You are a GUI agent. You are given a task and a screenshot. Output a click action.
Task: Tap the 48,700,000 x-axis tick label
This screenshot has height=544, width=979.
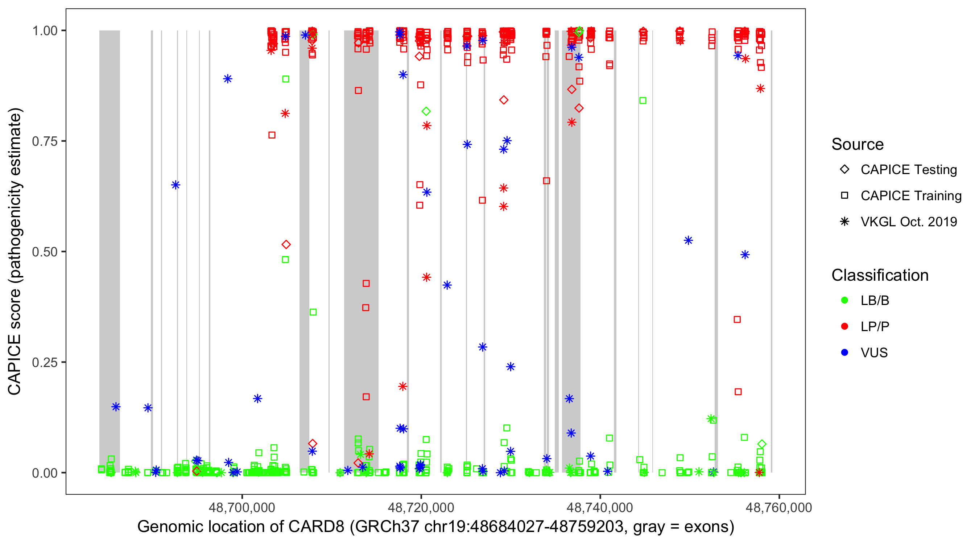pyautogui.click(x=242, y=507)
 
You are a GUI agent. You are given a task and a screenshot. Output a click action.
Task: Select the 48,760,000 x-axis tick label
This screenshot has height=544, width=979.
pyautogui.click(x=779, y=507)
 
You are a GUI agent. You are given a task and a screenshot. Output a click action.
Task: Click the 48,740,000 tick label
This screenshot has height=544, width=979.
pyautogui.click(x=600, y=507)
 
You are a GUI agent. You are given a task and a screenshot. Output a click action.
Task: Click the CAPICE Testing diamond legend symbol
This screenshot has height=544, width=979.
pyautogui.click(x=844, y=170)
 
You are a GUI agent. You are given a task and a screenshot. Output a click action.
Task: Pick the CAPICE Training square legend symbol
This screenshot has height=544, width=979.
pyautogui.click(x=844, y=196)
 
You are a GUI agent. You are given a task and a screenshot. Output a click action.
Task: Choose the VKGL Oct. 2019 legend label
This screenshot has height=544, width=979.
pyautogui.click(x=909, y=222)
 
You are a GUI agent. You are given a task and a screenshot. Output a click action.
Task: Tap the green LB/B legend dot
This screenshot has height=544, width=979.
pyautogui.click(x=844, y=300)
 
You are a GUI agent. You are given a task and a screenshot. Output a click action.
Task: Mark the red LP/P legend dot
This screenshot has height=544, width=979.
pyautogui.click(x=844, y=326)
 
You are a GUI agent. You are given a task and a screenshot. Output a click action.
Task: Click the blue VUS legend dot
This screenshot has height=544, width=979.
pyautogui.click(x=844, y=353)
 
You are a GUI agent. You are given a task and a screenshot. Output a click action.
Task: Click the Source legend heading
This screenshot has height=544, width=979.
pyautogui.click(x=858, y=144)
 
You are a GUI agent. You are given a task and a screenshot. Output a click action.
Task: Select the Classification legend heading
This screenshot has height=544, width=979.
pyautogui.click(x=880, y=275)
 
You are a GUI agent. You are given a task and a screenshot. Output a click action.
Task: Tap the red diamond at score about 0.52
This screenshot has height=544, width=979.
pyautogui.click(x=286, y=244)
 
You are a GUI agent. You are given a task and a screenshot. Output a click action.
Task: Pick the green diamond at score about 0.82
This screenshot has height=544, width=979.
pyautogui.click(x=426, y=111)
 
